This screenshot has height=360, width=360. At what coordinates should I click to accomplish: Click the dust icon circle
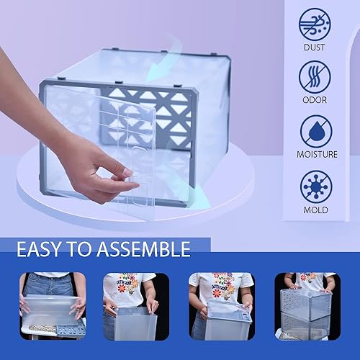click(x=315, y=24)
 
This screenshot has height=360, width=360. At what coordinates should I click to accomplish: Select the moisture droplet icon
click(x=315, y=131)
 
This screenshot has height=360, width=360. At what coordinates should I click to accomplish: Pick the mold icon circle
click(x=315, y=186)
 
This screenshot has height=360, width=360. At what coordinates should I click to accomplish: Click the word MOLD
click(x=315, y=210)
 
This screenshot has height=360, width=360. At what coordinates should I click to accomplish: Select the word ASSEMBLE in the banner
click(x=147, y=250)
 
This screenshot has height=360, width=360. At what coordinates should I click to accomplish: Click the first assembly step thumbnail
click(x=53, y=306)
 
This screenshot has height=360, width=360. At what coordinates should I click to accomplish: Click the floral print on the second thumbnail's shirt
click(x=130, y=282)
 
